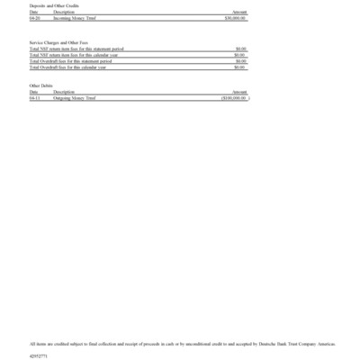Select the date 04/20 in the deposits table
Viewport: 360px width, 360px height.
click(34, 17)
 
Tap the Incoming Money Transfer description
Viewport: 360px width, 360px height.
click(75, 17)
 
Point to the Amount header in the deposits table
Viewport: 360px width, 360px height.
click(239, 11)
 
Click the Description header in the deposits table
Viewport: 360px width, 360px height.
click(64, 11)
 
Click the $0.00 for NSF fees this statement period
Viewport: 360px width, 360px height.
click(240, 49)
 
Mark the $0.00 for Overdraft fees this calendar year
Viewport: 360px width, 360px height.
click(240, 67)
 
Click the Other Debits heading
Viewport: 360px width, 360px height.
click(41, 85)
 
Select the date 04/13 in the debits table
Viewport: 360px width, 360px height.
click(34, 97)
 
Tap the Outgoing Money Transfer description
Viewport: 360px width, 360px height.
click(75, 97)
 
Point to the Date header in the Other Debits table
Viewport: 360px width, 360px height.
click(33, 92)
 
